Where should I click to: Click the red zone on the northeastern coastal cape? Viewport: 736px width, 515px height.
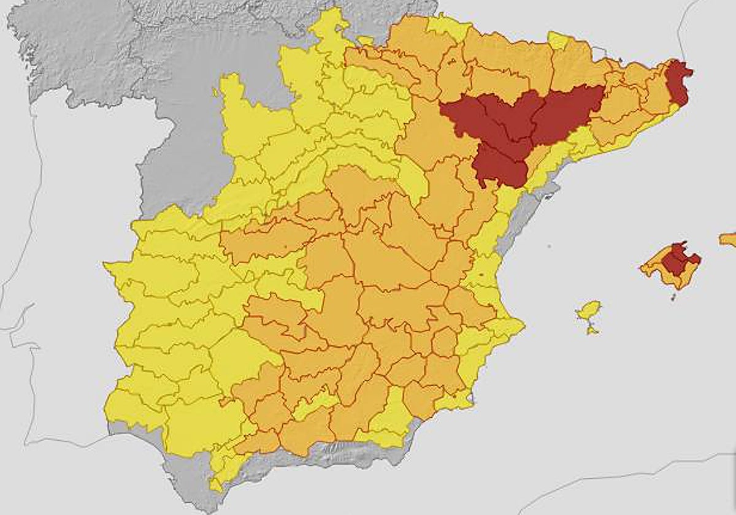tap(679, 83)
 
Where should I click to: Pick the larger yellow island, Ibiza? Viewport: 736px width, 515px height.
tap(589, 310)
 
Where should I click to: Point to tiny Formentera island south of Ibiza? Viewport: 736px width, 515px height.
tap(592, 330)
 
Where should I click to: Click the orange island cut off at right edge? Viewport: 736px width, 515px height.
tap(729, 238)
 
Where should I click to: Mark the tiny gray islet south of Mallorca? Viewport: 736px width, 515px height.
tap(673, 297)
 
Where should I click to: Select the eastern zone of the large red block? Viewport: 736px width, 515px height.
tap(567, 110)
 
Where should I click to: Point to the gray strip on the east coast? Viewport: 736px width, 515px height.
tap(521, 227)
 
